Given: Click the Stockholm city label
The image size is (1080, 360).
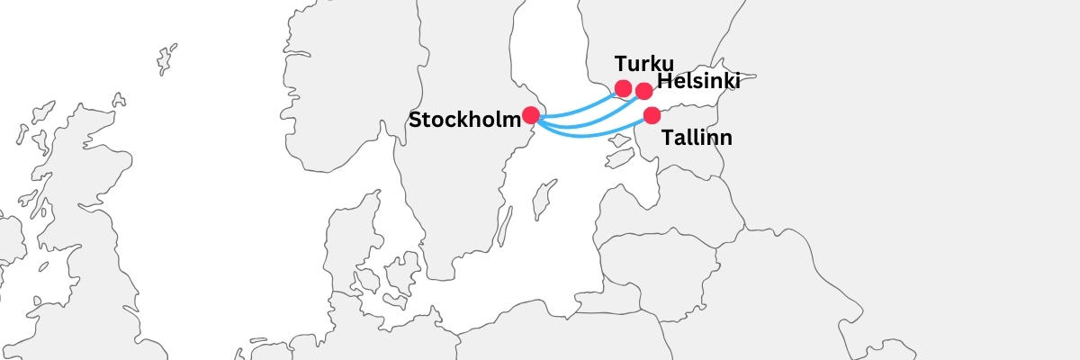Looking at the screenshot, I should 464,120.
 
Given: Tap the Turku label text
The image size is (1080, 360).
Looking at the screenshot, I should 644,64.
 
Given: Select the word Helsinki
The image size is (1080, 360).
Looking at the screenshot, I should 699,82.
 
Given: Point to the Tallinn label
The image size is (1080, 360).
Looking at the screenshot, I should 697,139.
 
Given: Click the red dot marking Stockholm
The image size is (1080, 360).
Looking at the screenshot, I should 531,115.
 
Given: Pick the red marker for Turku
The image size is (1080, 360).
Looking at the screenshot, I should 623,88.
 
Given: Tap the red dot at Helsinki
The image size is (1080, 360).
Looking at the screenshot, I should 644,91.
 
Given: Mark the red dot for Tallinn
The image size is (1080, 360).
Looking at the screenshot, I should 652,115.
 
